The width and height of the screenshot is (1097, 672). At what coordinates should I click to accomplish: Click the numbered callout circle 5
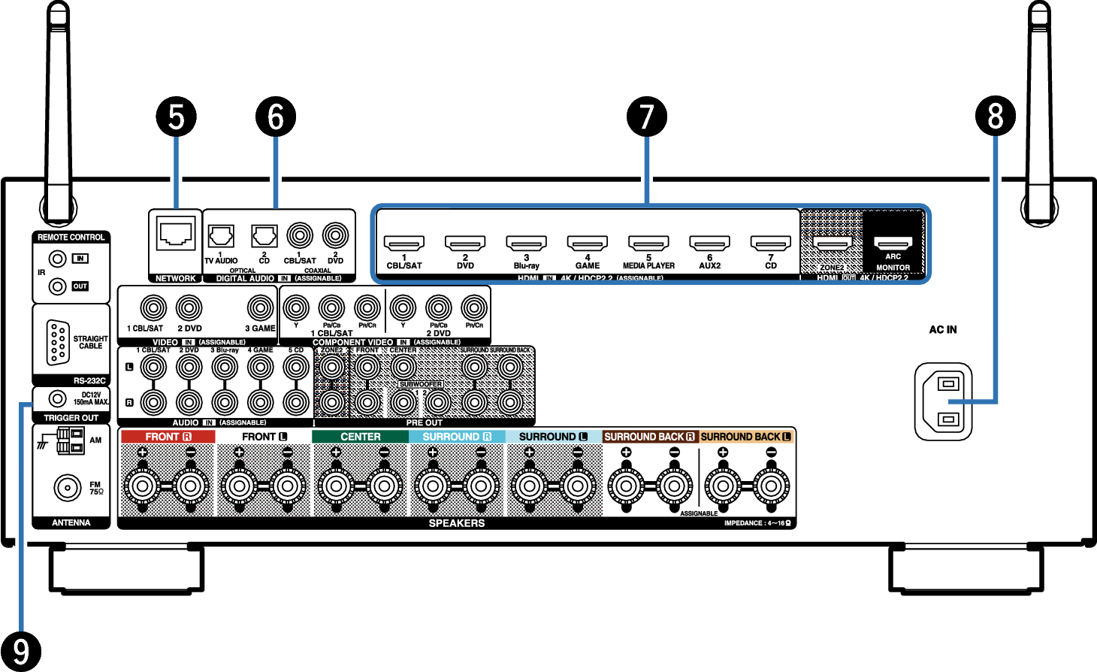[x=176, y=117]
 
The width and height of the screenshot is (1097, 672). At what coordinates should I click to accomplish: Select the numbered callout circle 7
[x=646, y=117]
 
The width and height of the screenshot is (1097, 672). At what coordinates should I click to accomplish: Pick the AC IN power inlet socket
[x=944, y=401]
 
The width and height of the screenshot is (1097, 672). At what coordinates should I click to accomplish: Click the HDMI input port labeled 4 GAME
[x=587, y=244]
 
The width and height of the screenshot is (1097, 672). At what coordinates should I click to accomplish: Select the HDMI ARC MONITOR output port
[x=893, y=244]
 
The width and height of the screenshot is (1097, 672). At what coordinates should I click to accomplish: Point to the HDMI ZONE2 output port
[x=832, y=244]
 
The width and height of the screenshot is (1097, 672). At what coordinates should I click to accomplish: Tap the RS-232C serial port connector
[x=58, y=343]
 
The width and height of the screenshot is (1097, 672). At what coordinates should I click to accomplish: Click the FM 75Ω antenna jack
[x=68, y=488]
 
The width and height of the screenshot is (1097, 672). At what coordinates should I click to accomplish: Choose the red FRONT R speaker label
[x=168, y=437]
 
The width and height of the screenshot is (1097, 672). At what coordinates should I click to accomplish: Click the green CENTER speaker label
[x=361, y=437]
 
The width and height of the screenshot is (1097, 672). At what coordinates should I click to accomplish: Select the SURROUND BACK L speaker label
[x=746, y=437]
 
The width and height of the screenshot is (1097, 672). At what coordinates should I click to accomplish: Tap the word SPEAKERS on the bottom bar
[x=456, y=523]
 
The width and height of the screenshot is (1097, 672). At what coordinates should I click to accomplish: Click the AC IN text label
[x=943, y=330]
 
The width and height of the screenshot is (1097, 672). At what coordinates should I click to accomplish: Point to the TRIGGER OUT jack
[x=57, y=398]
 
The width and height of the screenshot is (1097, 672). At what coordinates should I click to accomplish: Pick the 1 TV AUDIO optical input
[x=220, y=236]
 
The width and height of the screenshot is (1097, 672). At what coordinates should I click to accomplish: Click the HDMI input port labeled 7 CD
[x=770, y=244]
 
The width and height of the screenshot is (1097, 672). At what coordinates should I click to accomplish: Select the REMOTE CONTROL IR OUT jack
[x=57, y=286]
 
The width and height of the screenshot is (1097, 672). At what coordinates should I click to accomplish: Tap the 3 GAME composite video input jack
[x=261, y=307]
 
